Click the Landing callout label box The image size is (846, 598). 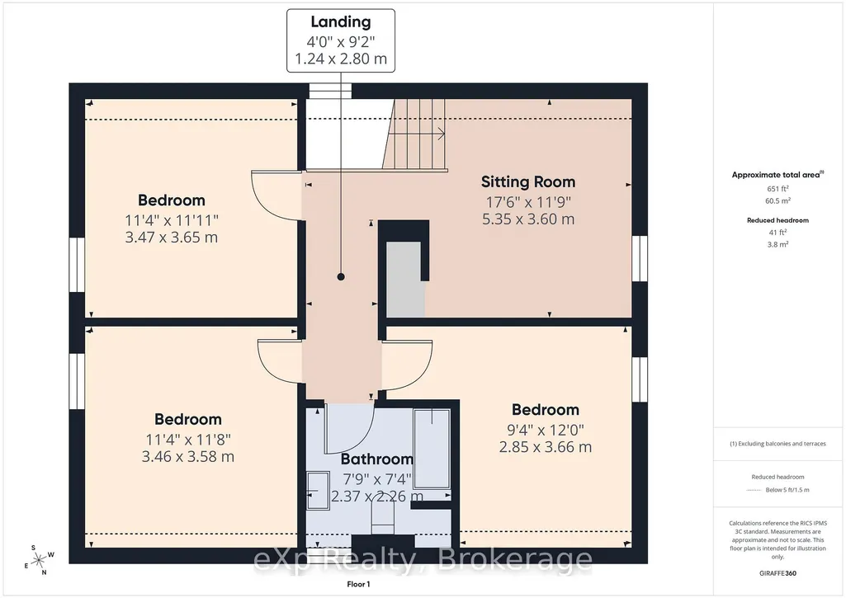(340, 40)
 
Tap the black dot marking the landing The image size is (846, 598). (341, 276)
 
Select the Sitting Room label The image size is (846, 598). (528, 181)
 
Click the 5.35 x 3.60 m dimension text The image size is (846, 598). (528, 219)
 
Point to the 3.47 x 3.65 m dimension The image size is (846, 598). (172, 238)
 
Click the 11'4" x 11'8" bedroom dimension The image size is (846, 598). (188, 440)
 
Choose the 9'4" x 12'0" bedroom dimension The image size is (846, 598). (546, 430)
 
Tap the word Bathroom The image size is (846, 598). (377, 459)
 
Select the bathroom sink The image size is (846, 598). (319, 490)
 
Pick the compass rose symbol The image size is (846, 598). (39, 560)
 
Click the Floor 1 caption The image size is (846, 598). (358, 584)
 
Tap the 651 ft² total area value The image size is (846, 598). (777, 189)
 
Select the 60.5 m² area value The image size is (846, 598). (777, 200)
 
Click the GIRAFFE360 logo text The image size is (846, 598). (777, 573)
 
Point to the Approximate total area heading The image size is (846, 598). (777, 175)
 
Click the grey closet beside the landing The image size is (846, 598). (405, 279)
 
